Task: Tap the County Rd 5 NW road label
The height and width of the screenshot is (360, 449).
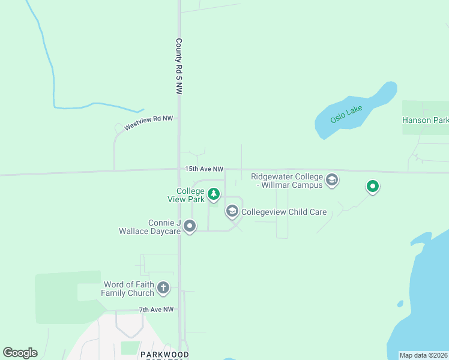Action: (178, 66)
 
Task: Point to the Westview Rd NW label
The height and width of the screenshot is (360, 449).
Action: (148, 123)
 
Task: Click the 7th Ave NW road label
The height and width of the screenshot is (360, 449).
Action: (156, 310)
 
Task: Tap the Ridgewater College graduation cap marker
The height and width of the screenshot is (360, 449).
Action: (331, 180)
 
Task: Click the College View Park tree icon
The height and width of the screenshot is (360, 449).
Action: (214, 194)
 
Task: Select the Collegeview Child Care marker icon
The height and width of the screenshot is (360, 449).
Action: (232, 211)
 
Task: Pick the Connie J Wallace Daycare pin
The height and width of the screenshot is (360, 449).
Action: (190, 226)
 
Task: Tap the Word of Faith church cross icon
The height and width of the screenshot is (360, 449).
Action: (163, 289)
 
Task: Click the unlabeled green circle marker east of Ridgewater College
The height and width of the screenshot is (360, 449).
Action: (373, 187)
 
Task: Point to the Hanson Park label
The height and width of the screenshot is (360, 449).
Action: (425, 120)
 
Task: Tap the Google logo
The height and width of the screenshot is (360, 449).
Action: (20, 353)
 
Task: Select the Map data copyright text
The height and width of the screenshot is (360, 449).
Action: (423, 355)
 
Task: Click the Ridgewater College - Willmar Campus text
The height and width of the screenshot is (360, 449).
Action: (286, 181)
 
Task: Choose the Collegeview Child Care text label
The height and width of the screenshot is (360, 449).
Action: (284, 212)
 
